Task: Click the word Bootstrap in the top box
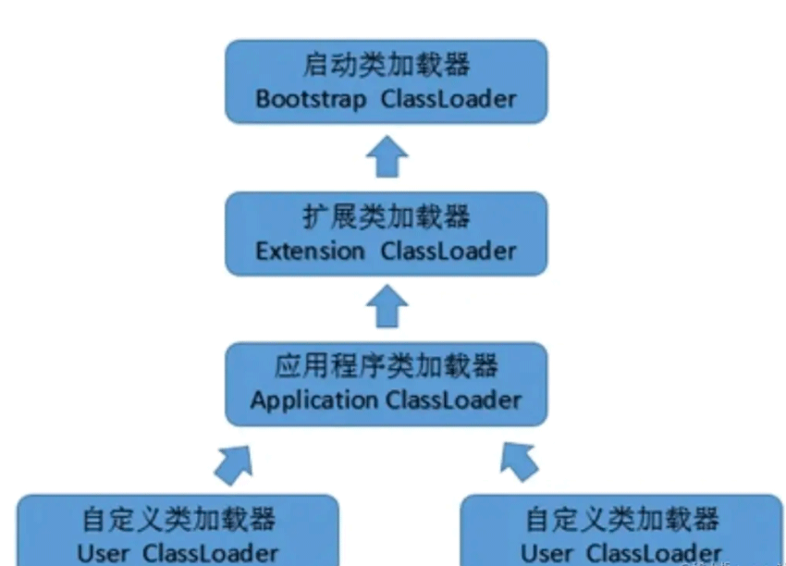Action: coord(312,99)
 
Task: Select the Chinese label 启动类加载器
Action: coord(387,66)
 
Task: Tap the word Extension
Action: coord(311,251)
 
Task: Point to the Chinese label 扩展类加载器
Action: coord(387,217)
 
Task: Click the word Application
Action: coord(313,400)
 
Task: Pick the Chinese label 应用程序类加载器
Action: coord(387,367)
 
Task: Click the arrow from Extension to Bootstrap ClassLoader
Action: coord(387,158)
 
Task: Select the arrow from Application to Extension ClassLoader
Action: coord(387,308)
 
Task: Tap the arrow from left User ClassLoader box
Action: coord(232,462)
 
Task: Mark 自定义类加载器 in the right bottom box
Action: coord(622,519)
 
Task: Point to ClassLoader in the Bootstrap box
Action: coord(448,99)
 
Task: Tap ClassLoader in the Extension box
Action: coord(448,251)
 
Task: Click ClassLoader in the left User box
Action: coord(211,553)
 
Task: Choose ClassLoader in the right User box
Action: coord(654,553)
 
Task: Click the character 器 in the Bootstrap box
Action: coord(456,66)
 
